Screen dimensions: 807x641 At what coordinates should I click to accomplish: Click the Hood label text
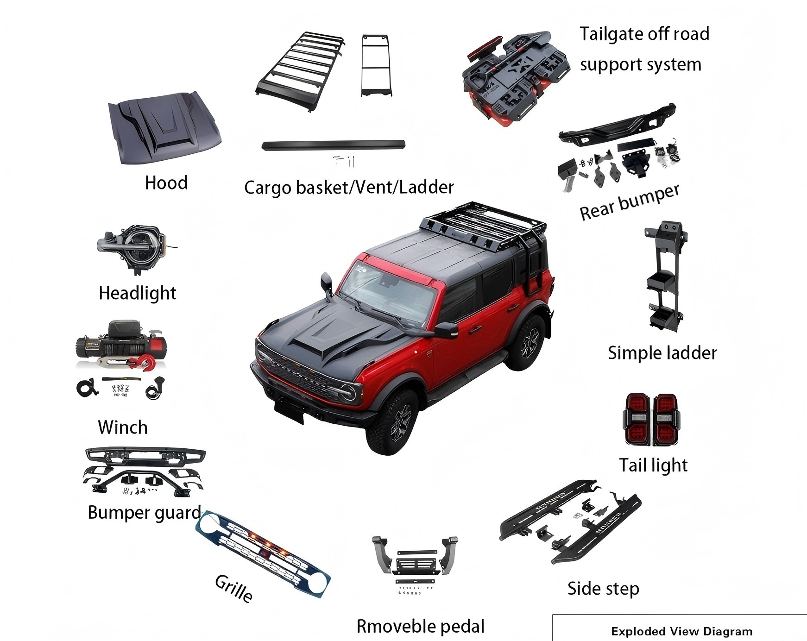coord(166,183)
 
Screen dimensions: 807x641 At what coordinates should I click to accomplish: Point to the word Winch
coord(123,427)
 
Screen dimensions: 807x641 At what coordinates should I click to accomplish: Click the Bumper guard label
coord(145,513)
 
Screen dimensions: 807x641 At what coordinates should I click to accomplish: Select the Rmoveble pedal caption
coord(420,626)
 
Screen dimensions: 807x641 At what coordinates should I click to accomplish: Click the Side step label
coord(603,589)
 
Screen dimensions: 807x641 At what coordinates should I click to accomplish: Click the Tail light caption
coord(653,465)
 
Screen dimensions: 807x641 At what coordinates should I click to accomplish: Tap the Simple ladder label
coord(662,353)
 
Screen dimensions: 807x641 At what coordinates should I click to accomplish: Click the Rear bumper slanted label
coord(630,202)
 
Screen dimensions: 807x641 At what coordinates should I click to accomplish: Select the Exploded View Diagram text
coord(681,631)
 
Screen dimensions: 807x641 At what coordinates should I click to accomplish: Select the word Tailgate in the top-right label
coord(610,34)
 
